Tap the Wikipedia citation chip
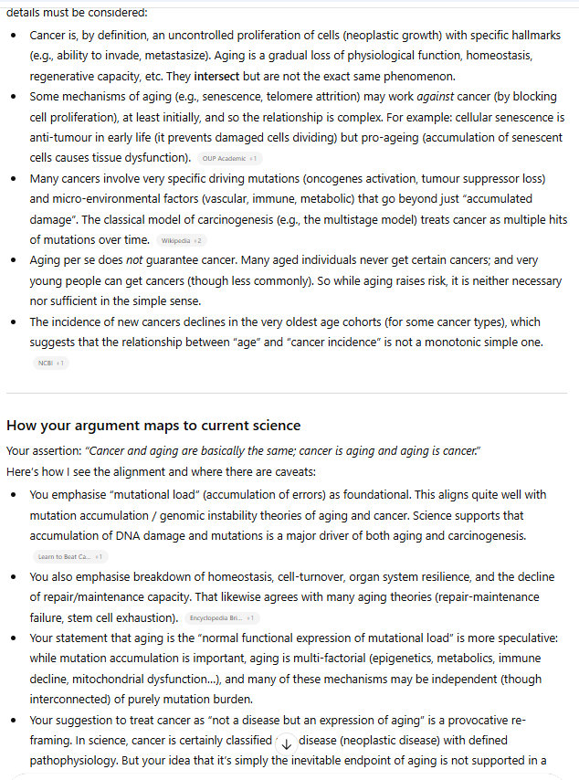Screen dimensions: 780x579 tap(181, 240)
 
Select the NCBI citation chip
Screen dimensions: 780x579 tap(49, 364)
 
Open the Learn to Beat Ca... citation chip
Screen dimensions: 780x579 tap(69, 556)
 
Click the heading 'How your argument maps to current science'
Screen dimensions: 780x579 tap(153, 426)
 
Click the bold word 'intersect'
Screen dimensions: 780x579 tap(216, 76)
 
